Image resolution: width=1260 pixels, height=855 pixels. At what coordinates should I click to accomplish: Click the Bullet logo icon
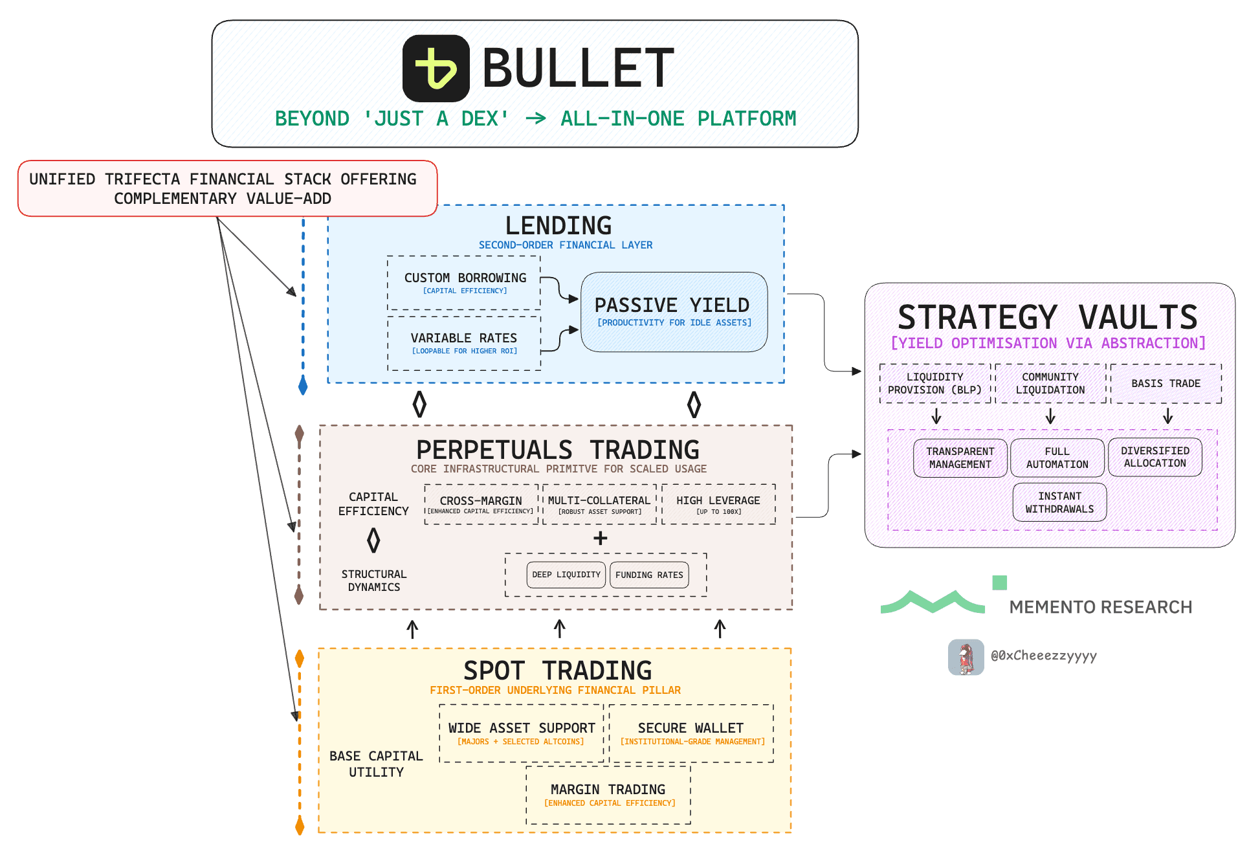coord(436,69)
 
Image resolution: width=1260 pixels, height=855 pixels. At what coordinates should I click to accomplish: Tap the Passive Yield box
coord(674,312)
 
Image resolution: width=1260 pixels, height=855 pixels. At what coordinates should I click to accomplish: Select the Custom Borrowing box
coord(464,283)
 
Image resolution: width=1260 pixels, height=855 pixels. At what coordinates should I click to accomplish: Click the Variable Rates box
coord(464,343)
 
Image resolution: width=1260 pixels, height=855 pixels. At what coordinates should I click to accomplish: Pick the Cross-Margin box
coord(481,504)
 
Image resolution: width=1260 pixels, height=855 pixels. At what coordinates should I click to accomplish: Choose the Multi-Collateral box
coord(599,504)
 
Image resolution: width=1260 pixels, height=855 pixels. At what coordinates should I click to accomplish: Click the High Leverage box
coord(718,504)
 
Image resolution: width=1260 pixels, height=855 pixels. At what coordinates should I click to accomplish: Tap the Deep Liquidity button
coord(566,575)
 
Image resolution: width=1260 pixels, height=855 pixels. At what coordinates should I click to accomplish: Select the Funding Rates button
coord(649,575)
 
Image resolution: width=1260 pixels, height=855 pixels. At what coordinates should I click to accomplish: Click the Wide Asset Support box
coord(522,733)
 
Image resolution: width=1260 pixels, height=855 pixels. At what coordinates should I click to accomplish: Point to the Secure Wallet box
coord(691,733)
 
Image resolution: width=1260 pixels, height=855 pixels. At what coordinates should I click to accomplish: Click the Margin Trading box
coord(608,794)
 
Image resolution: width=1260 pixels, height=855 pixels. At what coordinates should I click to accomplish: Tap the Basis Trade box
coord(1166,383)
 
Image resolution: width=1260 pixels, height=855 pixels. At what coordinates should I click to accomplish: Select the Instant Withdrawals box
coord(1059,502)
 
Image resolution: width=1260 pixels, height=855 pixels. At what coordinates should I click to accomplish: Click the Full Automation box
coord(1057,458)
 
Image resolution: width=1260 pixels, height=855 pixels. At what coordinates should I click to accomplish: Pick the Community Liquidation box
coord(1050,383)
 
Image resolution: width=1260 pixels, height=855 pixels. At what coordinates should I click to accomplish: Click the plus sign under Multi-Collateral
coord(601,538)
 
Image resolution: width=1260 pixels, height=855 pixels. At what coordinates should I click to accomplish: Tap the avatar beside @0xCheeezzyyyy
coord(966,657)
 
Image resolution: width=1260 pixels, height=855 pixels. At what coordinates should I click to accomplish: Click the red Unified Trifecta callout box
coord(227,188)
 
